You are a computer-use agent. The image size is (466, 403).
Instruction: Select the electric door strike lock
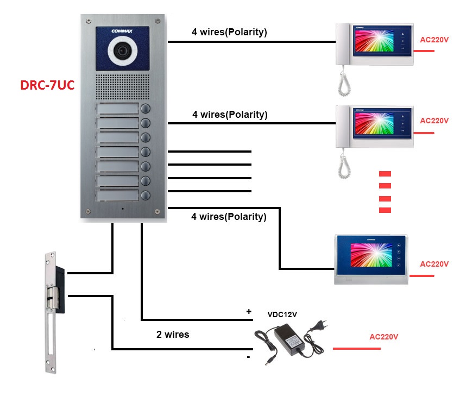click(52, 312)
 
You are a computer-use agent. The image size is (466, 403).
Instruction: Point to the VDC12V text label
click(282, 314)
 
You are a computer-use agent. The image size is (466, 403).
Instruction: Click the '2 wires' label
click(173, 335)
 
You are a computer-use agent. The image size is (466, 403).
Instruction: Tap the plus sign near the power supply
click(249, 312)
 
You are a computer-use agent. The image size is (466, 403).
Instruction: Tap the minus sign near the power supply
click(248, 357)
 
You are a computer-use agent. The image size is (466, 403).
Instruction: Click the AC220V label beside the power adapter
click(384, 337)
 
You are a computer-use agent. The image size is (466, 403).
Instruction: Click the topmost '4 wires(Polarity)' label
click(229, 32)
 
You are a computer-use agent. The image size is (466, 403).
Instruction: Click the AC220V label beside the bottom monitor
click(434, 264)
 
